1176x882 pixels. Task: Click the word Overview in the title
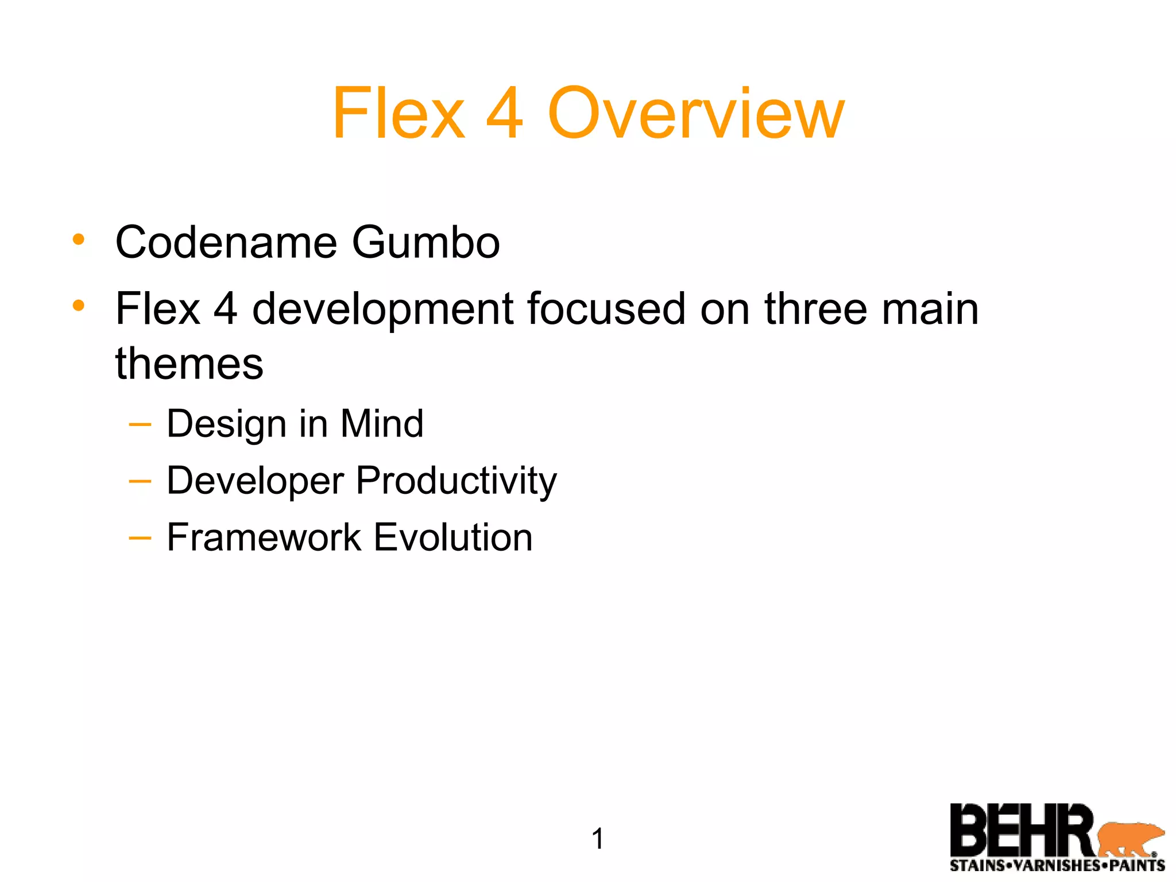coord(696,113)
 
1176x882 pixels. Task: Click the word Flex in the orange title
coord(399,113)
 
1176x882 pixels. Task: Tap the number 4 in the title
coord(505,113)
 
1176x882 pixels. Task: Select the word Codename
coord(226,242)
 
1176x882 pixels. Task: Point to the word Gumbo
coord(425,242)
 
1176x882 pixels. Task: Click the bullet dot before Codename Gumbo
coord(79,239)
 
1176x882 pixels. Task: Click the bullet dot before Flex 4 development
coord(79,305)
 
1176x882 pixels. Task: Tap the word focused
coord(606,309)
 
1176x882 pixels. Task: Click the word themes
coord(189,364)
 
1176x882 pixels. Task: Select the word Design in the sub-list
coord(226,424)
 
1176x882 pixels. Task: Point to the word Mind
coord(382,424)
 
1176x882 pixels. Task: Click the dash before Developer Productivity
coord(140,481)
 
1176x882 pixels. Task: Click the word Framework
coord(264,537)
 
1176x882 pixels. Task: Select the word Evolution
coord(453,537)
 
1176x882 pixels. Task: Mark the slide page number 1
coord(597,839)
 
